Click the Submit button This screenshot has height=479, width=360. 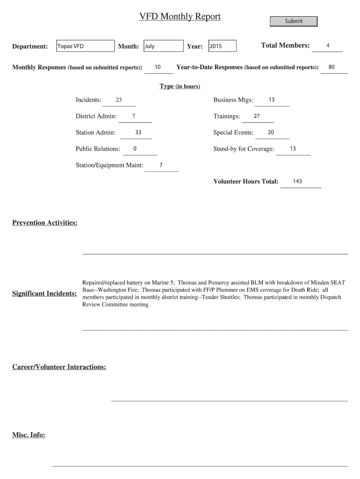pos(294,22)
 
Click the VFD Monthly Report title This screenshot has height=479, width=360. pos(180,17)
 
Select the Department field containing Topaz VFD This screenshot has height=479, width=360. pos(85,46)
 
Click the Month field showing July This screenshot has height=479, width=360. pos(163,46)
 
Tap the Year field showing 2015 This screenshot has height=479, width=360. pos(222,46)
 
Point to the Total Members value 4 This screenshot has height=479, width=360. pos(328,46)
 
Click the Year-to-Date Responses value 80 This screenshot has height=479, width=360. pos(331,67)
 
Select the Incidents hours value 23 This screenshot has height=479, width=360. pos(119,100)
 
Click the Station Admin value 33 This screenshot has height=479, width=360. pos(138,132)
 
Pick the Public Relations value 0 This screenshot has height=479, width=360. pos(135,149)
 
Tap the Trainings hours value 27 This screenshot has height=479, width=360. pos(257,116)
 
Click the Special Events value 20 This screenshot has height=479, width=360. pos(271,132)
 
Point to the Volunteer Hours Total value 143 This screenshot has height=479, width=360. pos(297,181)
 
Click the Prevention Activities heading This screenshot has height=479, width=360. pos(45,223)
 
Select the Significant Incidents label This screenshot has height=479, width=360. pos(45,294)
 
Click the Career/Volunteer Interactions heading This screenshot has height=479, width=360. pos(59,367)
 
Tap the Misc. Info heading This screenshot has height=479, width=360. pos(29,435)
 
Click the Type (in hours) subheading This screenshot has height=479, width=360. pos(180,87)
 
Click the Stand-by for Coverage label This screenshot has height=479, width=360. pos(244,149)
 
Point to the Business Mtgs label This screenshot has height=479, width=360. pos(233,100)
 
